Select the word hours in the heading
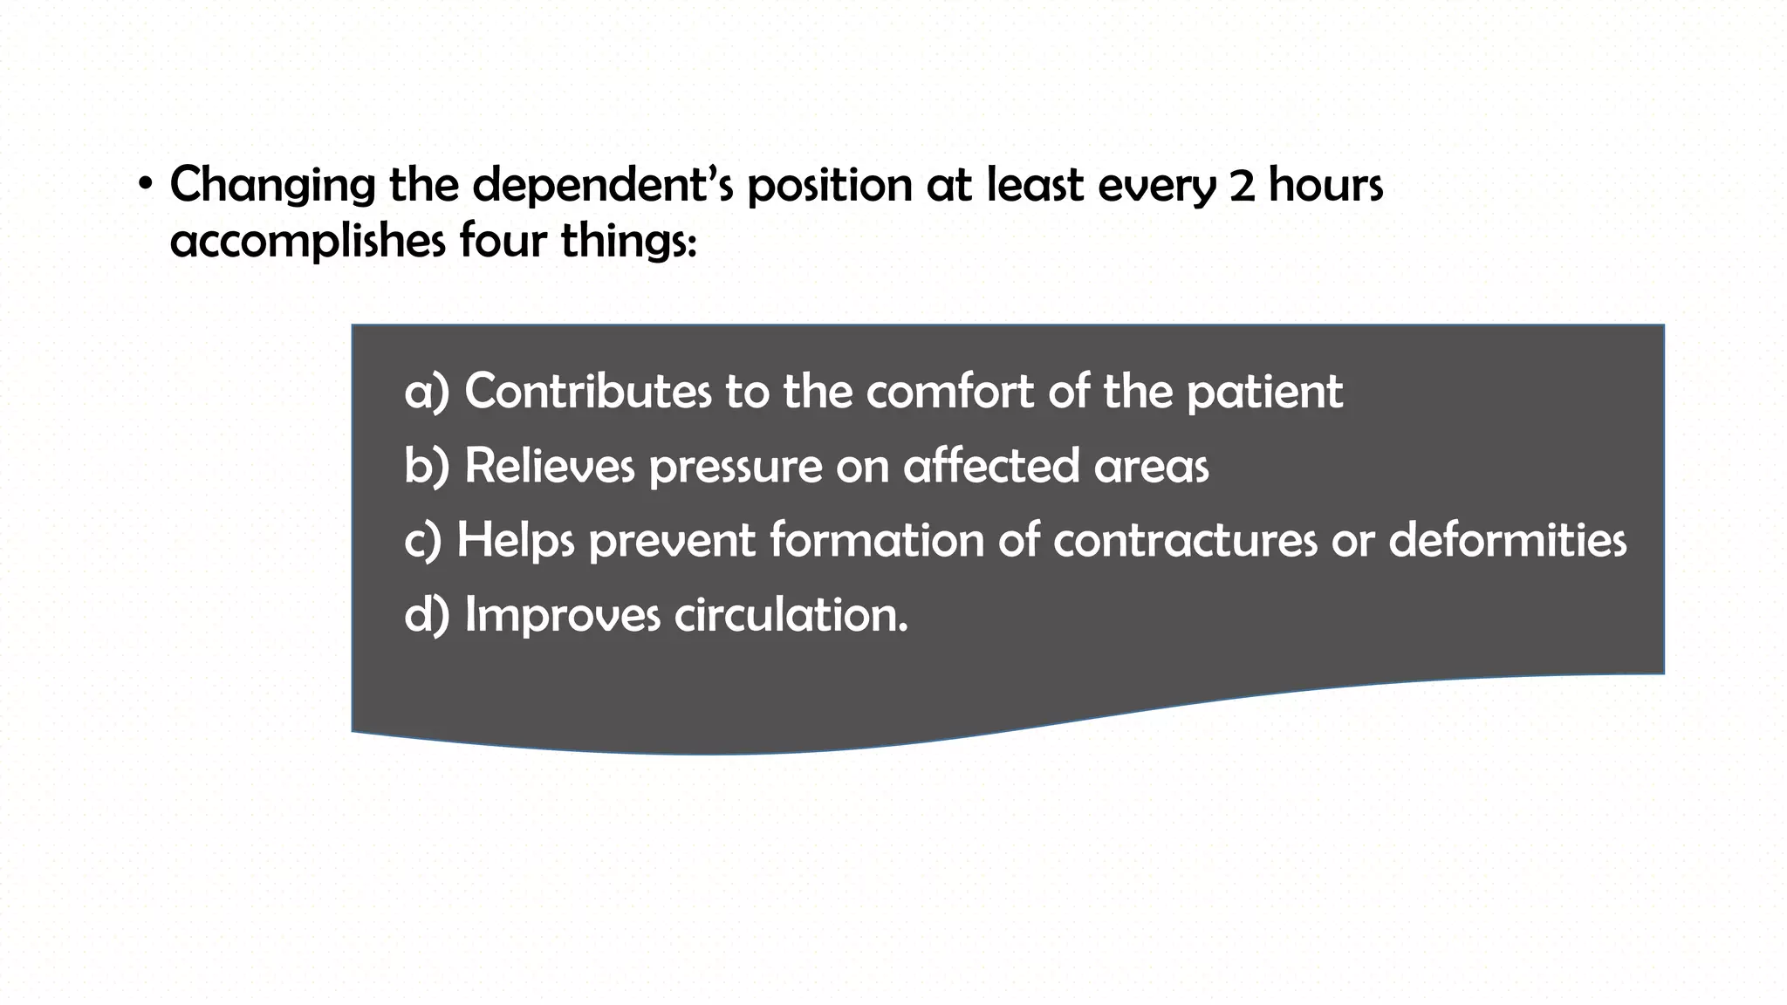click(x=1325, y=185)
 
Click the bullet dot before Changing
click(x=146, y=186)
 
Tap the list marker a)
click(x=427, y=391)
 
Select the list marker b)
click(x=427, y=465)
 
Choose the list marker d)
click(x=427, y=614)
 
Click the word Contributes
click(x=588, y=391)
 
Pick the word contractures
click(x=1185, y=540)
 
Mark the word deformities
click(x=1507, y=540)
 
